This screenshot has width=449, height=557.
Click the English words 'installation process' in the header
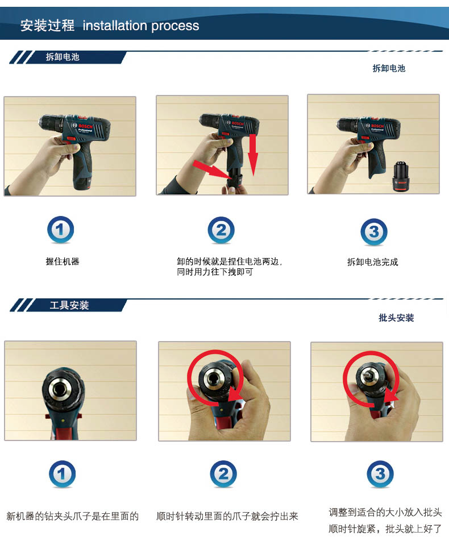click(x=141, y=26)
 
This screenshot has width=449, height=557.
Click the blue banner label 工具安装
click(x=69, y=305)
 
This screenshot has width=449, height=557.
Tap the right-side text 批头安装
click(x=396, y=318)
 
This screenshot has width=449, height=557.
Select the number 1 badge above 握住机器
click(x=60, y=230)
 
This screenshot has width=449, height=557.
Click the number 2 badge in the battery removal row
click(x=221, y=230)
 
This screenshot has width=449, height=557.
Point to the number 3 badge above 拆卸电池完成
click(x=374, y=232)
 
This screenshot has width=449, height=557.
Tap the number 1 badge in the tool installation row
click(x=62, y=474)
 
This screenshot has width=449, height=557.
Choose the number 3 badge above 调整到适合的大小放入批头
click(x=380, y=474)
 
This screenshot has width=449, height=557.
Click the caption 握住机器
click(x=63, y=261)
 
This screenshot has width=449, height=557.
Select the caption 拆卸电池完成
click(x=373, y=262)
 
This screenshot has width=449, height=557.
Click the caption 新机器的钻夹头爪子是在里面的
click(x=73, y=516)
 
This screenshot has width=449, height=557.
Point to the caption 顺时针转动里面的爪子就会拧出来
click(x=227, y=516)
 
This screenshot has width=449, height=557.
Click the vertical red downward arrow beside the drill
click(x=252, y=155)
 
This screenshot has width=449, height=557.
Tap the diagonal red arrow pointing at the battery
click(x=210, y=169)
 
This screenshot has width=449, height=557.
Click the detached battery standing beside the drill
click(x=401, y=177)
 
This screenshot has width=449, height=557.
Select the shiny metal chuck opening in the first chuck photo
click(x=63, y=389)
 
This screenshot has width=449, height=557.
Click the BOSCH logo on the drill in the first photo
click(x=85, y=126)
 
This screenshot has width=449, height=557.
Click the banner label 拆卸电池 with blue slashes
click(x=63, y=57)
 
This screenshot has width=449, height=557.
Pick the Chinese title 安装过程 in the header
click(x=47, y=26)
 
